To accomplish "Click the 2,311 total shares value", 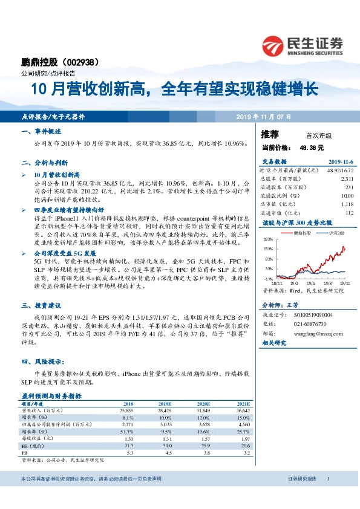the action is pos(347,179).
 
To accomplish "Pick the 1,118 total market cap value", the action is pos(347,204).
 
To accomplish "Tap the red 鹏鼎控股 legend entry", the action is pos(303,232).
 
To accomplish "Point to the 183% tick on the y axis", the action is pos(268,239).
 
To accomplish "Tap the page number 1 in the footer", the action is pos(327,496).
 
